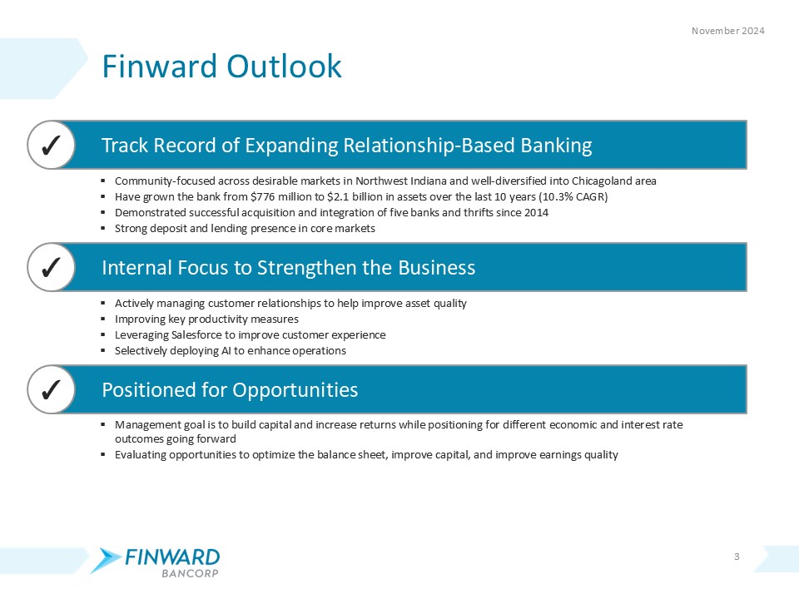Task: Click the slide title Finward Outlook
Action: (x=221, y=67)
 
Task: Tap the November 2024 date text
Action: (x=728, y=31)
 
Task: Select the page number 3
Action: (x=737, y=556)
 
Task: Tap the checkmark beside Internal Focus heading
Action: (x=49, y=268)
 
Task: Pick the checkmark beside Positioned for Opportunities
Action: (x=49, y=389)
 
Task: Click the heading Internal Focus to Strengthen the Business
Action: (x=288, y=268)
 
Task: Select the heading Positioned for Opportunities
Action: (x=230, y=389)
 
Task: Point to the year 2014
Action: (x=534, y=212)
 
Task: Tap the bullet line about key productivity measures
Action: (x=206, y=319)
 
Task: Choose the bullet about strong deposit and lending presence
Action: (x=245, y=228)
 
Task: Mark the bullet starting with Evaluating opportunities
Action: (x=366, y=454)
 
